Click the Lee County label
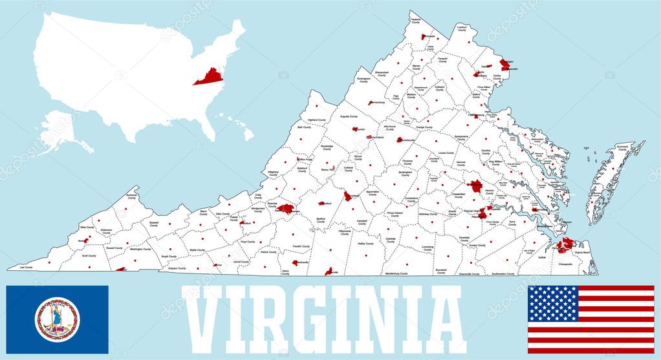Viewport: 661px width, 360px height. coord(26,267)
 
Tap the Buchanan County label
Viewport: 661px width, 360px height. coord(132,196)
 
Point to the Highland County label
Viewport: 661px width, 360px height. coord(317,120)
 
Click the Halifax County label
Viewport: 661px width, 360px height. coord(365,244)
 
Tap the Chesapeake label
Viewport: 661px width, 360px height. coord(565,264)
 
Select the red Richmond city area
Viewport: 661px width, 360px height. coord(476,186)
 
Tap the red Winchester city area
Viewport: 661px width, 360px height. coord(427,37)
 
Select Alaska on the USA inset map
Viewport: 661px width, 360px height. coord(61,129)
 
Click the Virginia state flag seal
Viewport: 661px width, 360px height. coord(58,319)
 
